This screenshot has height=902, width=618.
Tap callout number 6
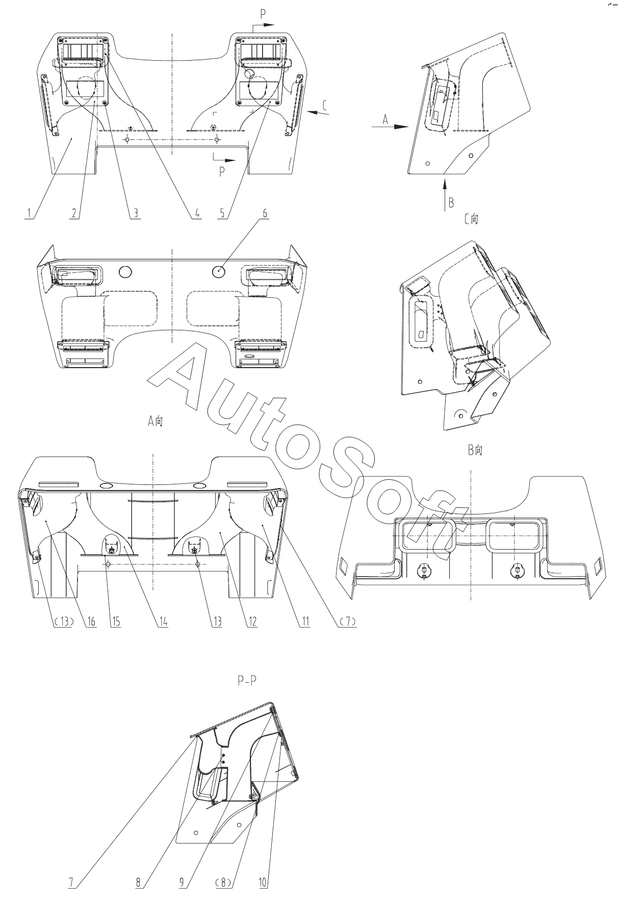coord(265,214)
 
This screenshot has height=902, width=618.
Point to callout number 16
coord(92,621)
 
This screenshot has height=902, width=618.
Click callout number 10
coord(263,883)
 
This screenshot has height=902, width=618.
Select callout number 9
coord(182,883)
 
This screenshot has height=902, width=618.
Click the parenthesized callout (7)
coord(347,621)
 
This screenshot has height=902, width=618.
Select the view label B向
coord(475,450)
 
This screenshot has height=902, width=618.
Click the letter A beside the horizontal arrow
coord(386,120)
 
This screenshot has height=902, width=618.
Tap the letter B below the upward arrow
coord(451,202)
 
